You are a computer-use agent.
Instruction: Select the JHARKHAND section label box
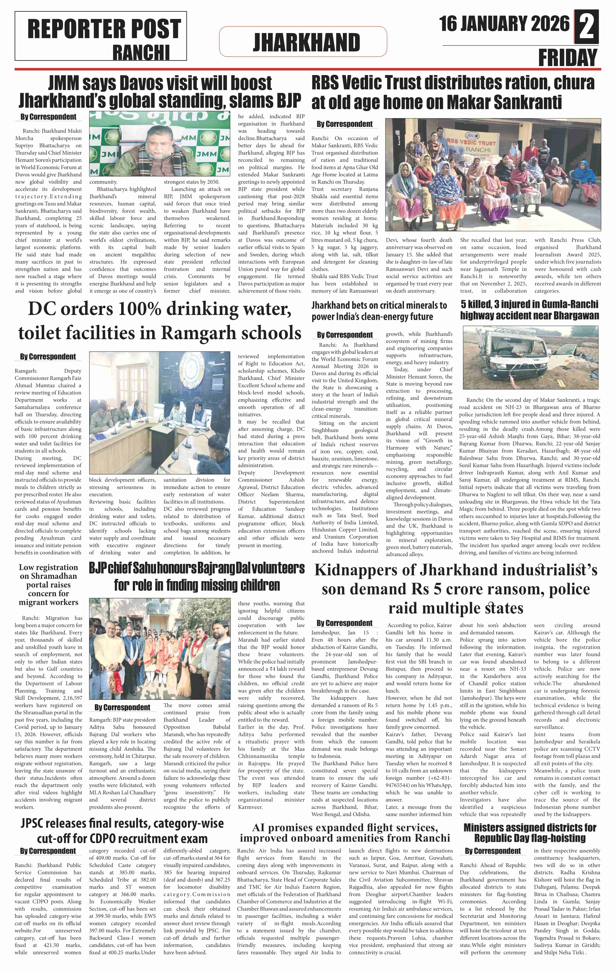[x=303, y=42]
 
